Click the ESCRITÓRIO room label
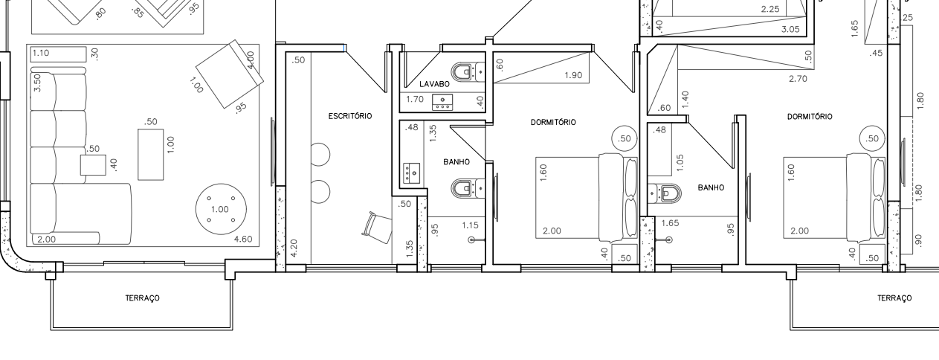pyautogui.click(x=350, y=116)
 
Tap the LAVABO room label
pyautogui.click(x=434, y=84)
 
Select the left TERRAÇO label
pyautogui.click(x=143, y=298)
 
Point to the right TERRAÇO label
pyautogui.click(x=894, y=298)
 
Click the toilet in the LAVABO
pyautogui.click(x=468, y=71)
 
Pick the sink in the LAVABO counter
pyautogui.click(x=442, y=103)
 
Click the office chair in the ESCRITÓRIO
pyautogui.click(x=377, y=227)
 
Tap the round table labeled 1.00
pyautogui.click(x=221, y=209)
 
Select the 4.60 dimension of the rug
pyautogui.click(x=243, y=240)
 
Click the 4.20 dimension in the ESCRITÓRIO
pyautogui.click(x=294, y=248)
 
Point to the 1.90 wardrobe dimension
pyautogui.click(x=573, y=75)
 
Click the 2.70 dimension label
pyautogui.click(x=798, y=78)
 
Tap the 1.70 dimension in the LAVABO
pyautogui.click(x=415, y=99)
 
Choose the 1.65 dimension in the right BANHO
pyautogui.click(x=671, y=223)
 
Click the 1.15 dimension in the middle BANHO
pyautogui.click(x=471, y=225)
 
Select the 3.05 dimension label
pyautogui.click(x=790, y=29)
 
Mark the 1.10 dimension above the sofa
pyautogui.click(x=41, y=53)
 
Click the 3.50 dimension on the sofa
pyautogui.click(x=37, y=83)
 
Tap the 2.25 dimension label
pyautogui.click(x=770, y=9)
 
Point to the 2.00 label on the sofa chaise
pyautogui.click(x=46, y=240)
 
